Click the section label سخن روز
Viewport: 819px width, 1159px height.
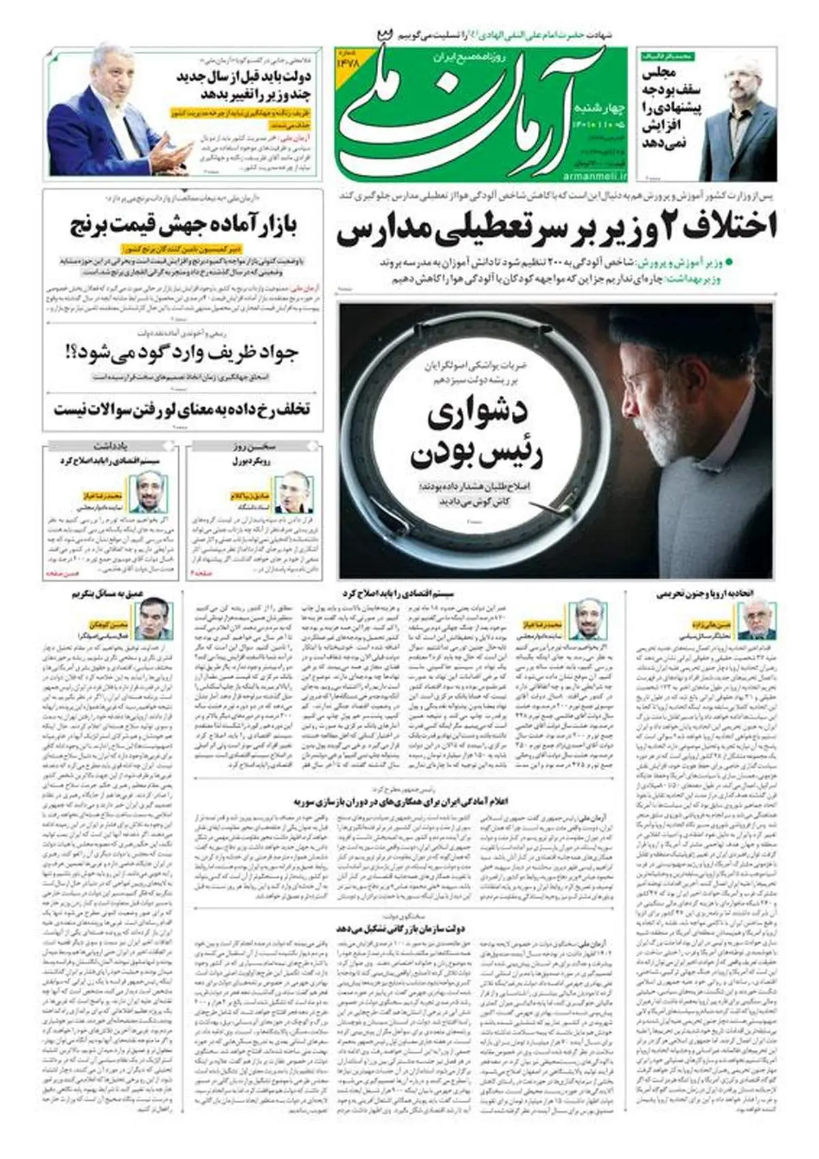click(x=253, y=447)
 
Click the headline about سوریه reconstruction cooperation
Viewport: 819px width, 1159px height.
click(x=402, y=800)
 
